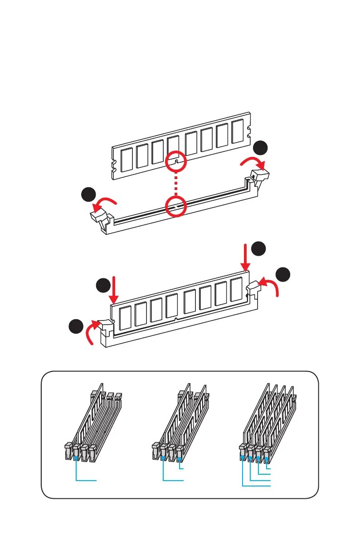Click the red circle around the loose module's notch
tap(177, 162)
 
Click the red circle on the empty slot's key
tap(177, 207)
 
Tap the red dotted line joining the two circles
tap(177, 185)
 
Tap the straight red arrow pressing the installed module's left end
tap(114, 290)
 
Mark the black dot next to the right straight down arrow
tap(259, 249)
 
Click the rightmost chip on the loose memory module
tap(238, 131)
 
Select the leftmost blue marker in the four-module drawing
tap(243, 457)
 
